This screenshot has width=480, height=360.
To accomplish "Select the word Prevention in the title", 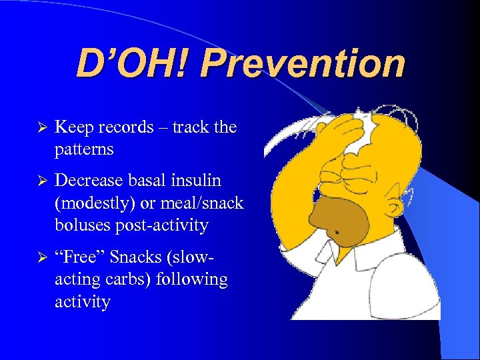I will pyautogui.click(x=303, y=65).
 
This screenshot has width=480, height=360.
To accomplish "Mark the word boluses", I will pyautogui.click(x=82, y=226).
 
